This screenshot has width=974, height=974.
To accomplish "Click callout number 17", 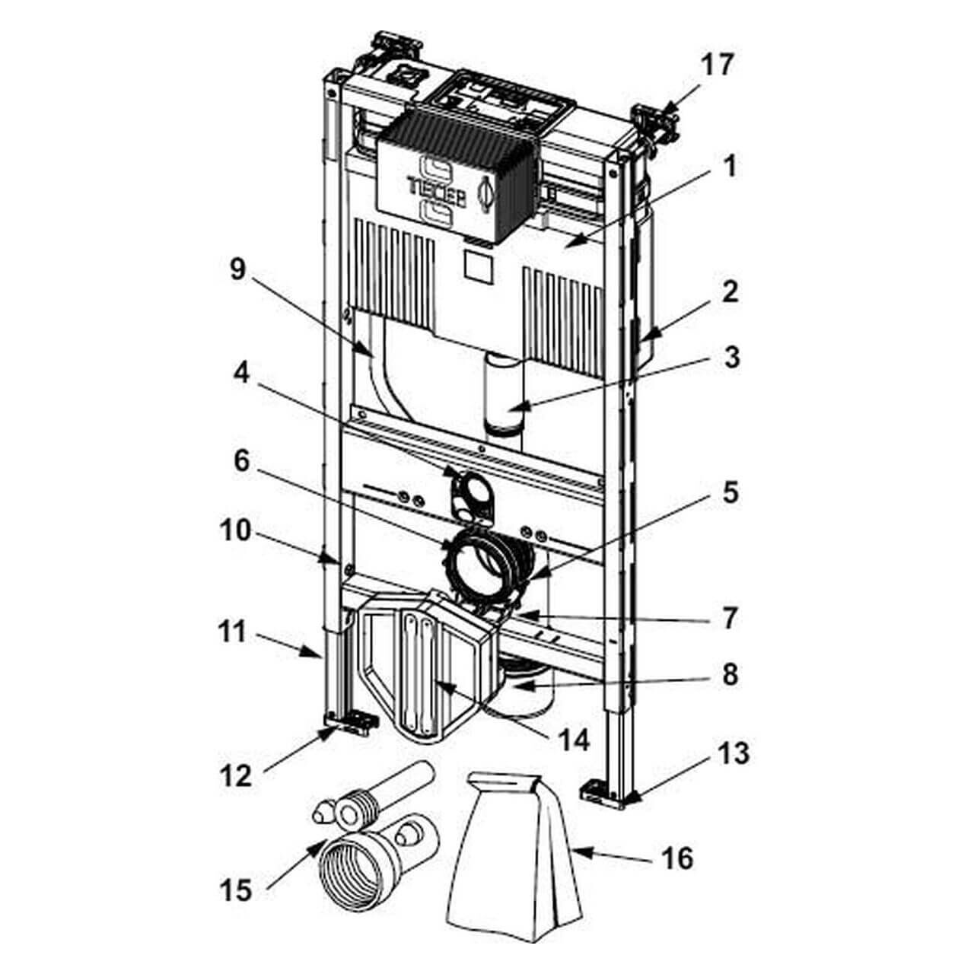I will pos(716,65).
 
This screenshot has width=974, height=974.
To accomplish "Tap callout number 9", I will pos(238,270).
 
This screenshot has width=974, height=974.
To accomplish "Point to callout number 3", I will pos(730,358).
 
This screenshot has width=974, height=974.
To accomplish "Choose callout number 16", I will pos(677,858).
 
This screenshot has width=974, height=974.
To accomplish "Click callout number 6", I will pos(240,460).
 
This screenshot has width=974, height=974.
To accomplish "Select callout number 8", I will pos(730,674).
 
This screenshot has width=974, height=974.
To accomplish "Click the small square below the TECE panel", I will pos(478,268).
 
